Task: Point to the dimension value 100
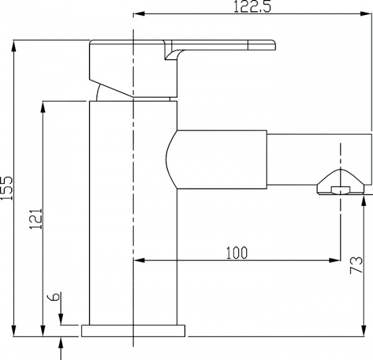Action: pyautogui.click(x=236, y=252)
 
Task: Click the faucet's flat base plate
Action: pyautogui.click(x=133, y=330)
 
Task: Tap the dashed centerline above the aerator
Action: pyautogui.click(x=341, y=155)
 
